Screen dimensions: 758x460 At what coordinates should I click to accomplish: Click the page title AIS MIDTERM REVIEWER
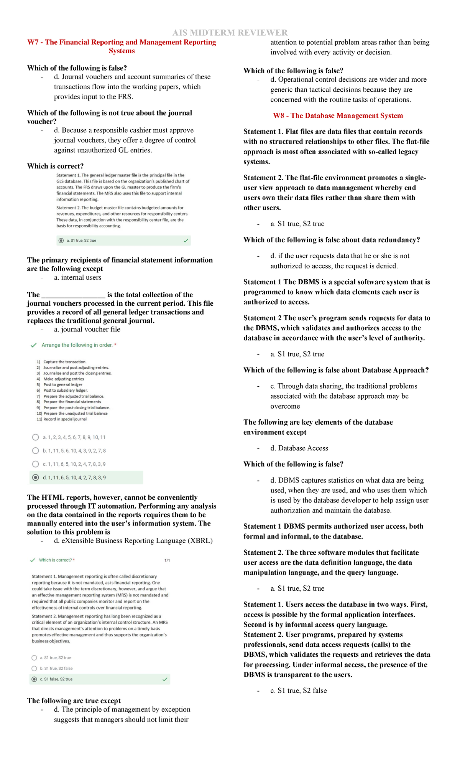pyautogui.click(x=230, y=33)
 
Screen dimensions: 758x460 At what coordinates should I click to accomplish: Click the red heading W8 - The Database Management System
pyautogui.click(x=338, y=115)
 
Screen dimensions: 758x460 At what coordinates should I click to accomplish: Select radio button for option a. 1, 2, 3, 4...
pyautogui.click(x=36, y=437)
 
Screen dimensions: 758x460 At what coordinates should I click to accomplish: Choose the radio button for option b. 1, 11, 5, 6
pyautogui.click(x=36, y=451)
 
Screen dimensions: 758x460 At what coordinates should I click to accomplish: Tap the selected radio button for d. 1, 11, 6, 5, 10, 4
pyautogui.click(x=36, y=478)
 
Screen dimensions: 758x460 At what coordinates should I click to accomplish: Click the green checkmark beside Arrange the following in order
pyautogui.click(x=33, y=345)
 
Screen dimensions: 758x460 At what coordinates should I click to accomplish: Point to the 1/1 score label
pyautogui.click(x=167, y=560)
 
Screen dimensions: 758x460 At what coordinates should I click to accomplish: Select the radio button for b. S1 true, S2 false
pyautogui.click(x=34, y=668)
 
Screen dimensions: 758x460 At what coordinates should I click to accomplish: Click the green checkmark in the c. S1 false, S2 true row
pyautogui.click(x=165, y=679)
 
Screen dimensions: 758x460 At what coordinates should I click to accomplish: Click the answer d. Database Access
pyautogui.click(x=299, y=448)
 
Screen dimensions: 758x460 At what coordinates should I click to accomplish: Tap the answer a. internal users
pyautogui.click(x=77, y=277)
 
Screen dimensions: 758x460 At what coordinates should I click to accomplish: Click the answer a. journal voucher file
pyautogui.click(x=87, y=329)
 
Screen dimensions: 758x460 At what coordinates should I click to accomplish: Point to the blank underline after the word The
pyautogui.click(x=73, y=295)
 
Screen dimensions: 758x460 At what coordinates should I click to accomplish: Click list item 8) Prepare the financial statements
pyautogui.click(x=69, y=402)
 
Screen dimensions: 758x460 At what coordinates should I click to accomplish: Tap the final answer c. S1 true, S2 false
pyautogui.click(x=298, y=690)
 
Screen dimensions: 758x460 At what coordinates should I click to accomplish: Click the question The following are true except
pyautogui.click(x=74, y=700)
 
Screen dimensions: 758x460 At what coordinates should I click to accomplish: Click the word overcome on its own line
pyautogui.click(x=285, y=406)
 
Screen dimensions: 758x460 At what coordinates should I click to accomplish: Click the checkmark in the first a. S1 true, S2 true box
pyautogui.click(x=186, y=241)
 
